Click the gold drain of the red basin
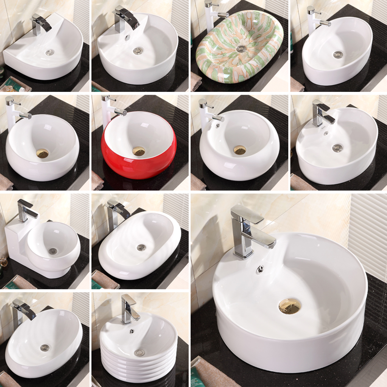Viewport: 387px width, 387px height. point(139,151)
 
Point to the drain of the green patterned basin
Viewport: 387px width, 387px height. point(241,48)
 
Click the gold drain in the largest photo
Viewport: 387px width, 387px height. point(289,305)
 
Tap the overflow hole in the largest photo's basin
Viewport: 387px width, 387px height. point(260,269)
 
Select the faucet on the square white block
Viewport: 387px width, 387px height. point(27,209)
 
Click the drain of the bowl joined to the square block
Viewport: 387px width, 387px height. point(53,251)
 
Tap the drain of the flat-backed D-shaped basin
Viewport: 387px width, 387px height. point(50,52)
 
